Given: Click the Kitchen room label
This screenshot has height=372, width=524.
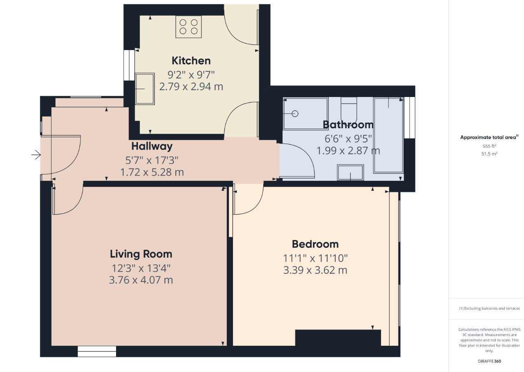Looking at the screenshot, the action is click(191, 61).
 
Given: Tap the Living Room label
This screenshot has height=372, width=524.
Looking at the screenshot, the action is click(141, 254).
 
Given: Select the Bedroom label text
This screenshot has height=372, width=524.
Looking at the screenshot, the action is click(315, 244).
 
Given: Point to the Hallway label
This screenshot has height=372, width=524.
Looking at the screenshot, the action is click(152, 146).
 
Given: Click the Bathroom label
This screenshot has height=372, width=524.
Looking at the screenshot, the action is click(348, 125).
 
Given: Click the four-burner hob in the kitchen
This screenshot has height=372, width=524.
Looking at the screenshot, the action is click(189, 27).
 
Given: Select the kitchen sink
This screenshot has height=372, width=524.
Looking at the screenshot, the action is click(145, 89).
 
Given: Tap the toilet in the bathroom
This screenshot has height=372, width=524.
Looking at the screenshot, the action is click(349, 109).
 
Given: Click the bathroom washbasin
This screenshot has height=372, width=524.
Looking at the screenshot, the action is click(350, 173).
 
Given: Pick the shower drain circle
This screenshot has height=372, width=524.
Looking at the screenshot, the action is click(295, 114).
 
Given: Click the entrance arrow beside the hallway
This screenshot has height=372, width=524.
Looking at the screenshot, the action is click(36, 155).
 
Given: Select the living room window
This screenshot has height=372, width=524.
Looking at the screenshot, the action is click(97, 351).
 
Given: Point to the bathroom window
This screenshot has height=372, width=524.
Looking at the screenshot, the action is click(410, 118).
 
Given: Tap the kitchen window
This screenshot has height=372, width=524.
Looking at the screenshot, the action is click(129, 65).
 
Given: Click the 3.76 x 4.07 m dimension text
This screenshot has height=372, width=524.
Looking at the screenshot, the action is click(141, 280).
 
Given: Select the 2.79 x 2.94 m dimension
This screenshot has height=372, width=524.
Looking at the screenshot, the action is click(191, 87).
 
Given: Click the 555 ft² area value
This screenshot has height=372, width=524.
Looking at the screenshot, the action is click(489, 146).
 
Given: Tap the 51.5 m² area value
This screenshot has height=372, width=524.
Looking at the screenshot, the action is click(489, 153).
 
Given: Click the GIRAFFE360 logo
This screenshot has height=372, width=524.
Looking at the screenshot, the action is click(489, 361).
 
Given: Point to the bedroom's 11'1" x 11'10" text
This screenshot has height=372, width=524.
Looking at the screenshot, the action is click(315, 259).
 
